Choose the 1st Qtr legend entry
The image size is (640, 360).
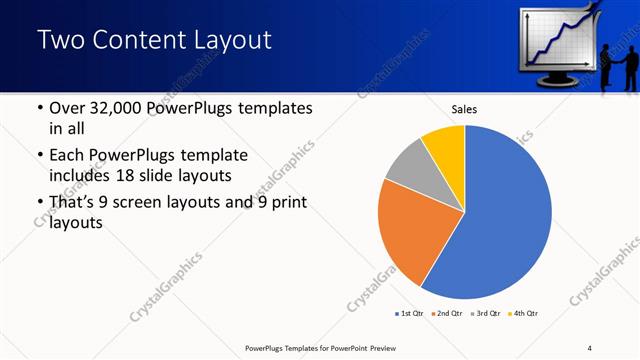(409, 313)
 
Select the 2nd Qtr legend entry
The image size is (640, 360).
(446, 313)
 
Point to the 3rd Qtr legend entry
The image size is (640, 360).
(486, 313)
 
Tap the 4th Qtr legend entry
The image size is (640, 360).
(524, 313)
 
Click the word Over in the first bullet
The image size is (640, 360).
(69, 108)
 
